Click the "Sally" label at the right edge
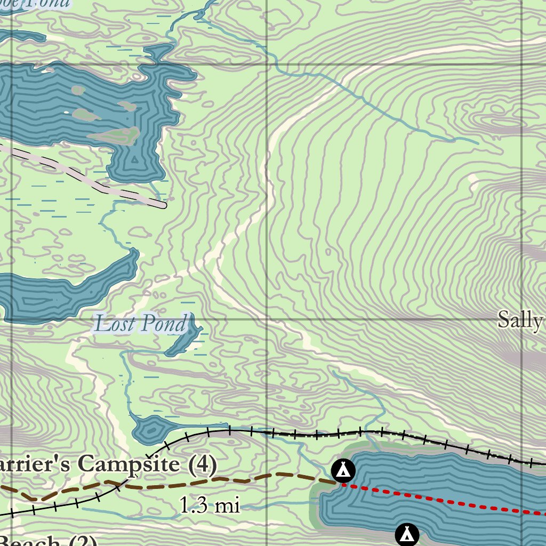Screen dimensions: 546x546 click(x=520, y=319)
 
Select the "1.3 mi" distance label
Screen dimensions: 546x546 click(x=210, y=505)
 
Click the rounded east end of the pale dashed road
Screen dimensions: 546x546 click(x=162, y=204)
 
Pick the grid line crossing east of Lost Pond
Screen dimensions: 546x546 click(x=267, y=319)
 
